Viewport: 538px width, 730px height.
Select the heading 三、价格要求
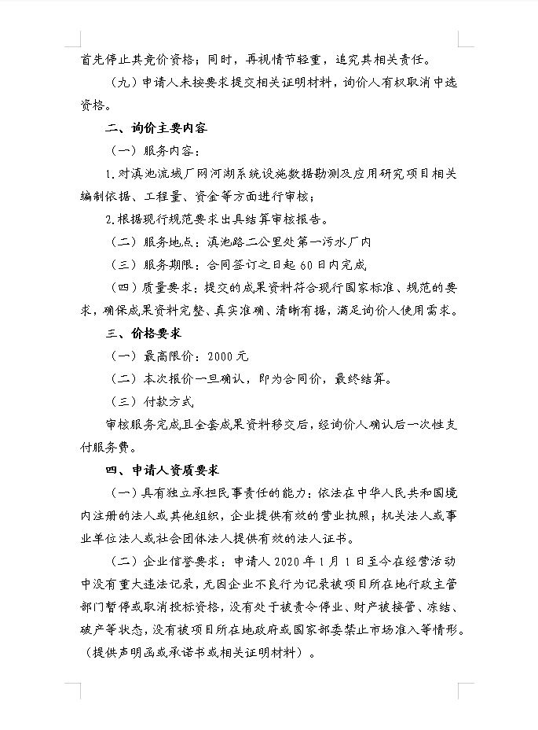tap(144, 334)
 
